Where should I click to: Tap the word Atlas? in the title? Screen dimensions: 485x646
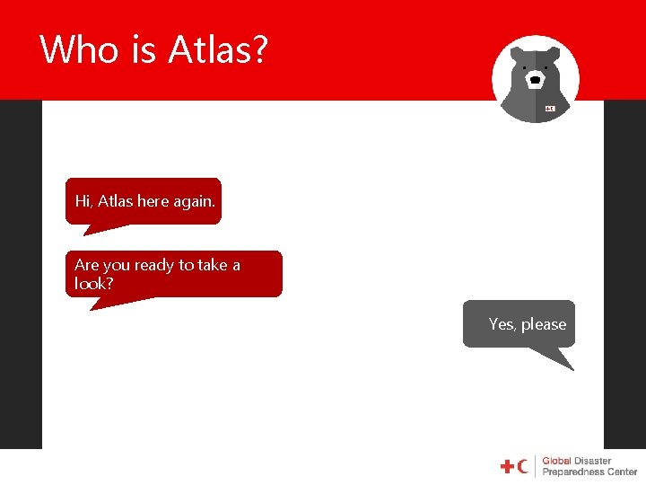[x=218, y=49]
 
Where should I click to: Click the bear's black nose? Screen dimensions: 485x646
[x=536, y=80]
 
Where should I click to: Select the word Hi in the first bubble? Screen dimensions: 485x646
[x=83, y=201]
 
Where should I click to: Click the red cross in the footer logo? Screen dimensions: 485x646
[x=507, y=466]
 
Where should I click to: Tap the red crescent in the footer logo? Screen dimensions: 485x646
[x=523, y=466]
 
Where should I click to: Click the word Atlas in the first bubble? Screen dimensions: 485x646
[x=116, y=201]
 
